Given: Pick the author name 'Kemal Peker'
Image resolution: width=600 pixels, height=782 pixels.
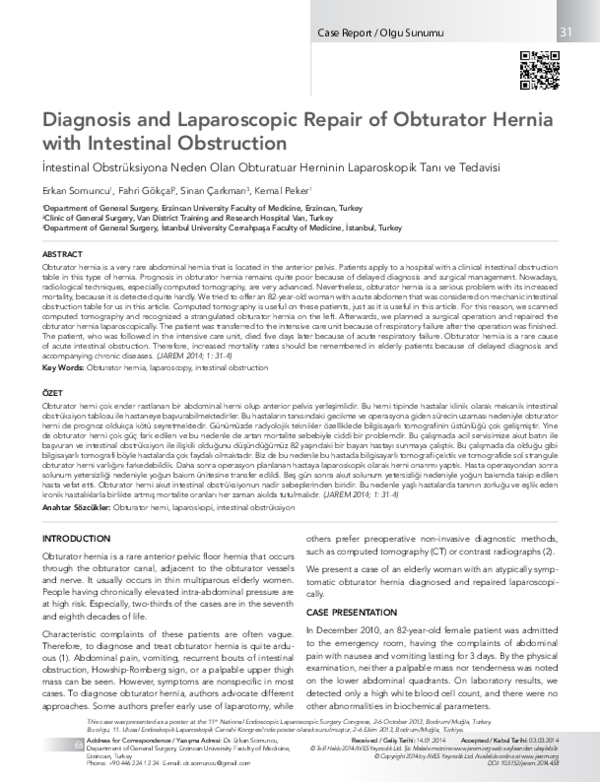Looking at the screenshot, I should [x=256, y=189].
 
